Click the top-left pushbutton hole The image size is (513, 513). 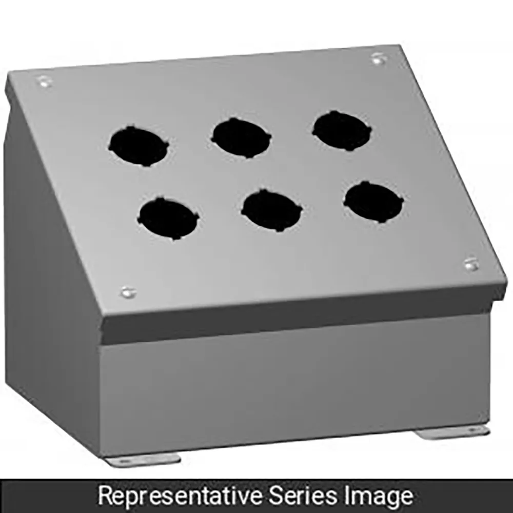[x=139, y=147]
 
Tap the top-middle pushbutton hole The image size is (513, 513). [x=241, y=137]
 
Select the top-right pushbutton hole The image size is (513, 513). [x=342, y=130]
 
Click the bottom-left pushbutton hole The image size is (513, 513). [x=168, y=219]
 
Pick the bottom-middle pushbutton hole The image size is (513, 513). [x=272, y=210]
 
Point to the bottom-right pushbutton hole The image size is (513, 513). [x=373, y=202]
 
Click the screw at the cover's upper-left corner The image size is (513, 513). [x=45, y=81]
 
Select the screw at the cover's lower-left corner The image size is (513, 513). [x=128, y=292]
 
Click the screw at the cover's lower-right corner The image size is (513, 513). [x=471, y=264]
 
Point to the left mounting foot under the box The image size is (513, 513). [x=144, y=460]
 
